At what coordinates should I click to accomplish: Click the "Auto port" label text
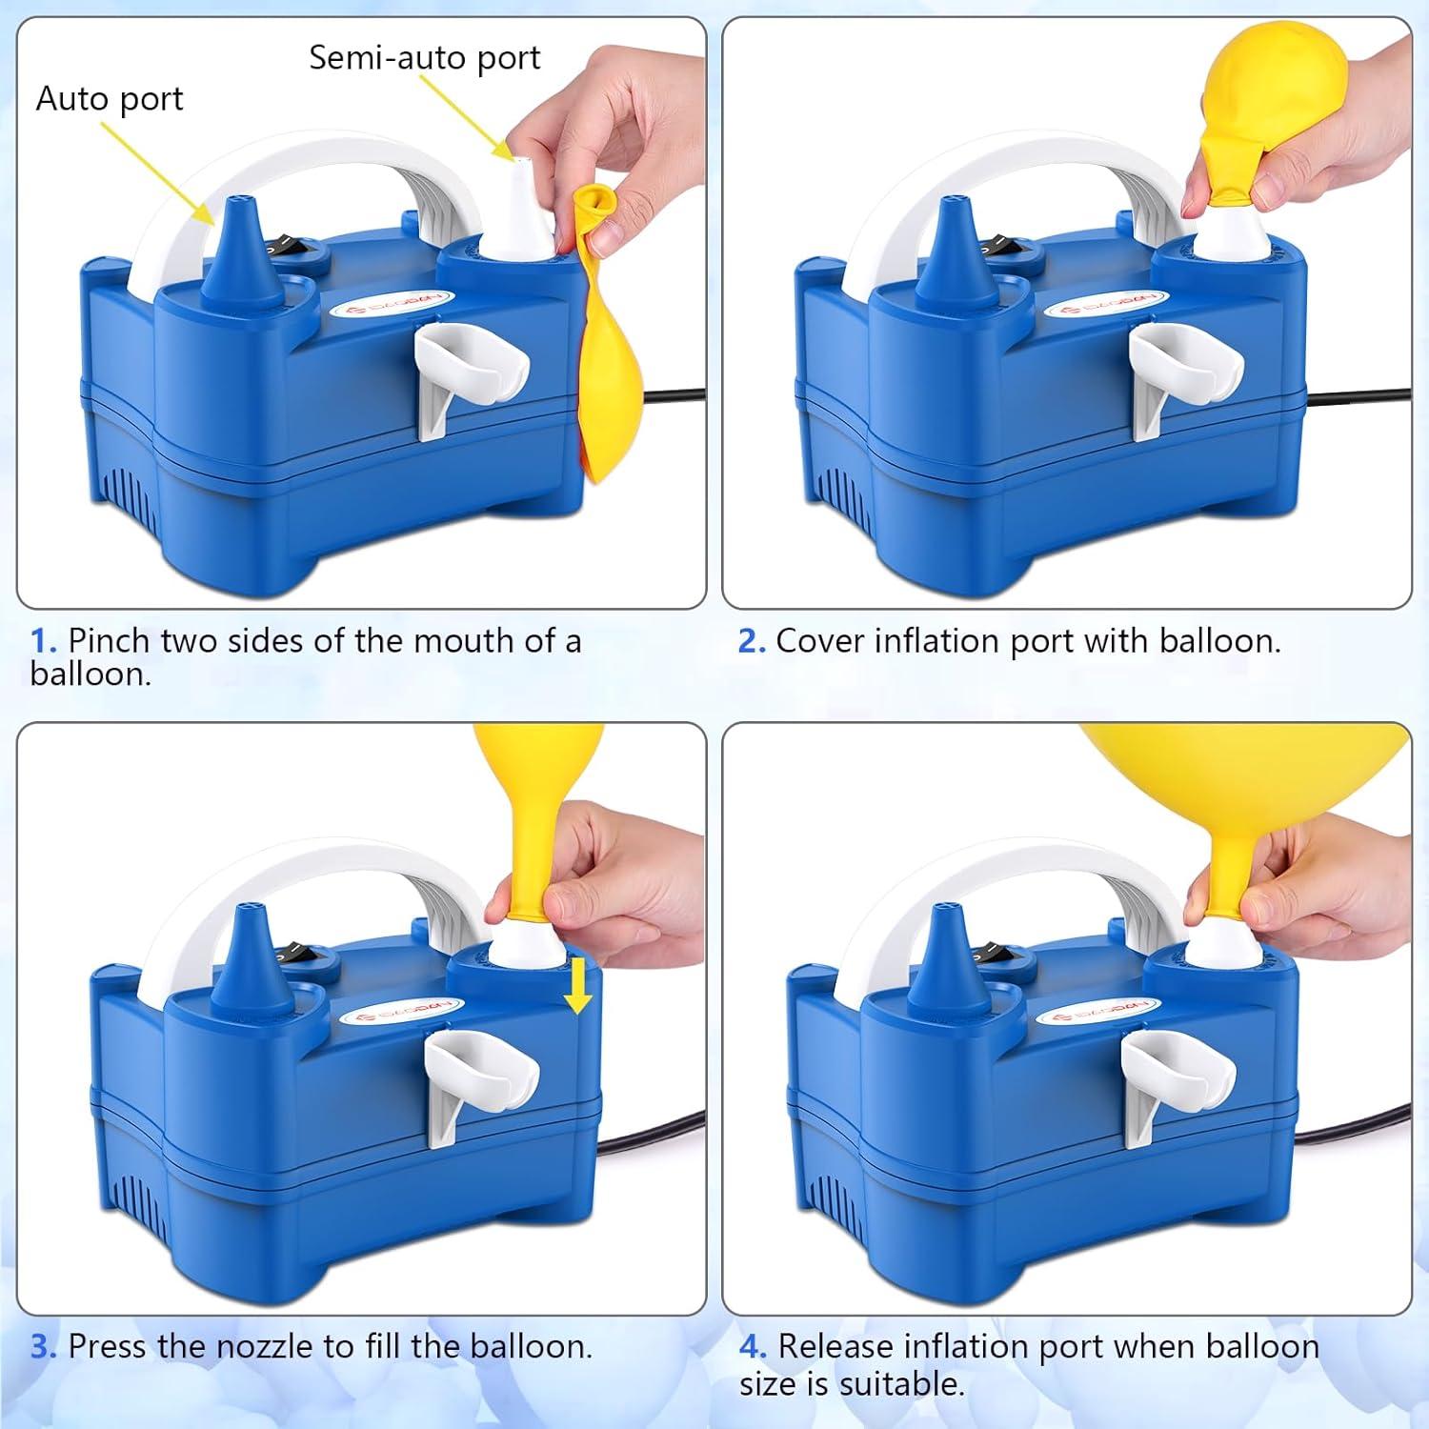(110, 99)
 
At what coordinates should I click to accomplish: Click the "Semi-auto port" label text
(425, 58)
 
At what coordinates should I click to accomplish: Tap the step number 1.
(44, 640)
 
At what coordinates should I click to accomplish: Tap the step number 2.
(752, 640)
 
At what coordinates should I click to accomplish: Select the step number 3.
(44, 1346)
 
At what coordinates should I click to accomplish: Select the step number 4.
(753, 1346)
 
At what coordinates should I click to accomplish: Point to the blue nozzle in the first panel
(241, 250)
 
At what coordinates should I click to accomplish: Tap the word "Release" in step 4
(835, 1346)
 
